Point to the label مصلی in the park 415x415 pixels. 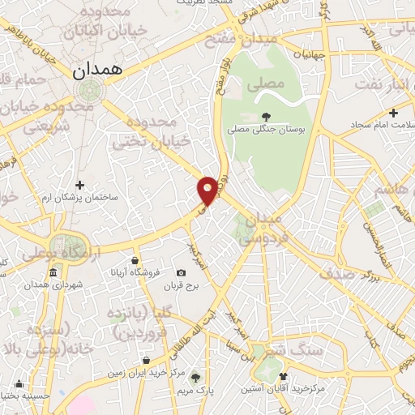tap(271, 83)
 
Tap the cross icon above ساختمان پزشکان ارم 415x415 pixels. tap(79, 186)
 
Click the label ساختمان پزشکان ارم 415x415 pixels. tap(79, 199)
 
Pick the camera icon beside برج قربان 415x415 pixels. tap(180, 273)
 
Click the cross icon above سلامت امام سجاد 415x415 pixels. tap(393, 113)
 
